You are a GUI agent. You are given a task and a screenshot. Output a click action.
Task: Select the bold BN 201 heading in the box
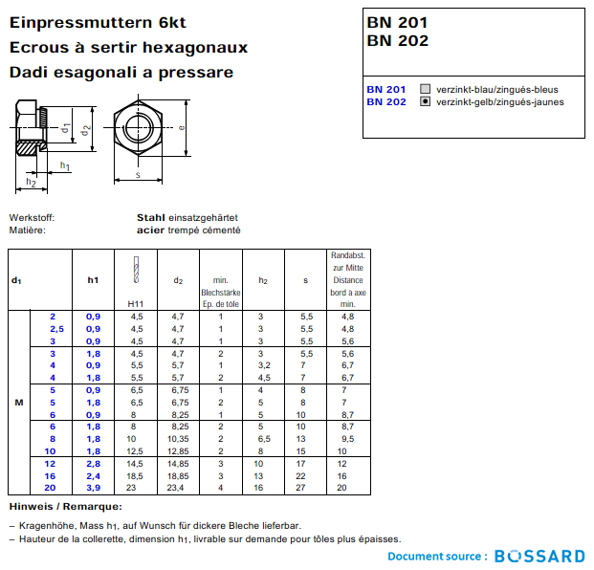click(397, 22)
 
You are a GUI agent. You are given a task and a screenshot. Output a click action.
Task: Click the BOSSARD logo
click(539, 556)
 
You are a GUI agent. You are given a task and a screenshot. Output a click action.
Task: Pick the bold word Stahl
click(151, 218)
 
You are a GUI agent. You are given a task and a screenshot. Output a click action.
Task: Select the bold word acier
click(151, 230)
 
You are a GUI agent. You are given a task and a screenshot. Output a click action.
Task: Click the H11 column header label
click(136, 303)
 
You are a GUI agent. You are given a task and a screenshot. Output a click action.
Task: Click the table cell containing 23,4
click(177, 488)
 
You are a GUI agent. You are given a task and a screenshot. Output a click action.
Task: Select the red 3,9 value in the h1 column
click(93, 488)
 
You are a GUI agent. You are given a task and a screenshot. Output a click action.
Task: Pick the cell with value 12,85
click(177, 450)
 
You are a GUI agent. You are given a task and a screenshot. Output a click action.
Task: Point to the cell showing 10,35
click(177, 439)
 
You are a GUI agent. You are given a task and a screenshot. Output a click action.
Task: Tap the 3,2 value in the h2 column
click(264, 365)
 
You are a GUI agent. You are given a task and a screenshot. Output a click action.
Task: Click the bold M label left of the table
click(18, 402)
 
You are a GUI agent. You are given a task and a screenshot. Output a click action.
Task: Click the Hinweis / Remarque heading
click(65, 506)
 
